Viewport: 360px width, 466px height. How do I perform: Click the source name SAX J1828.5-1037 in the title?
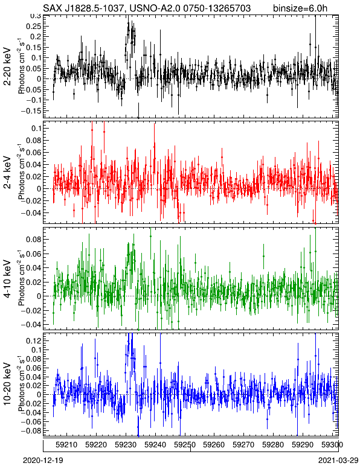[83, 8]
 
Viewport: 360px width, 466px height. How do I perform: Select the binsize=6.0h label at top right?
[300, 8]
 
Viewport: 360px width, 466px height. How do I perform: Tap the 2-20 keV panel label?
[7, 67]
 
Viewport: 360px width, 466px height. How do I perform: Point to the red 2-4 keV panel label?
[7, 173]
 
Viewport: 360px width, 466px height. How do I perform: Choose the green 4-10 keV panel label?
[7, 279]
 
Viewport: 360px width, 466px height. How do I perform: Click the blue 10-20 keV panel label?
[7, 384]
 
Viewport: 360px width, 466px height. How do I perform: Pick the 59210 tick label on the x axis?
[66, 445]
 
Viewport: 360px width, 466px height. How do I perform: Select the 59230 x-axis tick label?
[125, 445]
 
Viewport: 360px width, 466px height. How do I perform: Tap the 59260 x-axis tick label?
[214, 445]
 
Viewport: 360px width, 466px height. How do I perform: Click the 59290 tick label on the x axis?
[303, 445]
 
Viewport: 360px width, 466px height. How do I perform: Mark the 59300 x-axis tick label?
[332, 445]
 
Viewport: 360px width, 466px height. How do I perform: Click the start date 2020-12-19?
[43, 461]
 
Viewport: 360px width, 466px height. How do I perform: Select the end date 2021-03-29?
[338, 461]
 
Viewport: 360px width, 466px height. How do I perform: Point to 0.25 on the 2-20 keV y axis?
[33, 26]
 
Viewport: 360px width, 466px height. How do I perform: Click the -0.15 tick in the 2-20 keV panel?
[31, 110]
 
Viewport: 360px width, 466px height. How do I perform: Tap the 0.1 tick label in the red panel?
[35, 128]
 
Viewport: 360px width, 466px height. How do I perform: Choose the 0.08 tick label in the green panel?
[33, 239]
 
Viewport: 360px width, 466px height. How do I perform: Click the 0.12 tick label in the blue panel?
[33, 340]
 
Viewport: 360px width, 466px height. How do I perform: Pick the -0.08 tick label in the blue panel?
[31, 430]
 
